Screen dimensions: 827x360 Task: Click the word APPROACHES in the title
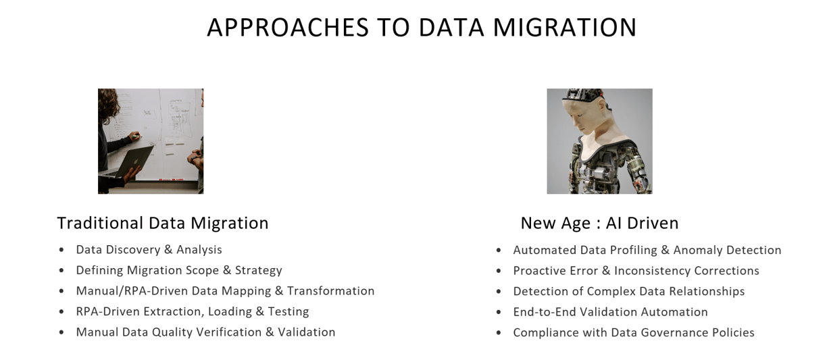[x=288, y=27]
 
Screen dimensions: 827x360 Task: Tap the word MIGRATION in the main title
[x=564, y=27]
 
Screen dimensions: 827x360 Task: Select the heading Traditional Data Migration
[x=163, y=223]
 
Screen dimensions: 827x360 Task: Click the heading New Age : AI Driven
[x=599, y=223]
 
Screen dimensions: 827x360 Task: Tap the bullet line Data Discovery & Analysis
[x=149, y=250]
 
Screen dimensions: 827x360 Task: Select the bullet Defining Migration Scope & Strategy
[x=179, y=271]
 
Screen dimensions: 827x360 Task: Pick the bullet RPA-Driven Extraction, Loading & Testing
[x=193, y=311]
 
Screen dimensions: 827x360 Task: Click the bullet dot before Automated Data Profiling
[x=499, y=251]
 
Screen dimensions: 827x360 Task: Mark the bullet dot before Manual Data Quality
[x=61, y=332]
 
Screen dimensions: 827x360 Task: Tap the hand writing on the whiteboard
[x=136, y=136]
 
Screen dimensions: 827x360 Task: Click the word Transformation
[x=331, y=291]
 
